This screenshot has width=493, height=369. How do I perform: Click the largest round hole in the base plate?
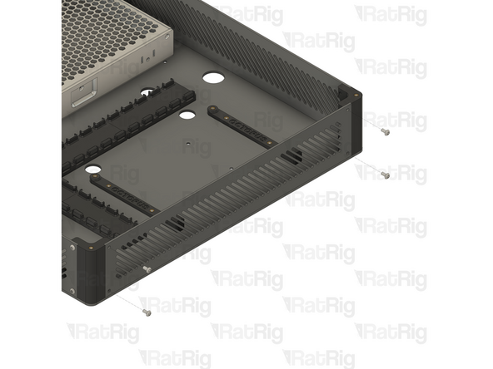point(213,79)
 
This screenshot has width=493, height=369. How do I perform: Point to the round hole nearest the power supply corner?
point(147,93)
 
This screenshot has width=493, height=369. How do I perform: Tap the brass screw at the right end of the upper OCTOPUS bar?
point(271,145)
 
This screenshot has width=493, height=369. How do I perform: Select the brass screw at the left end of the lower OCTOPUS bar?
point(93,176)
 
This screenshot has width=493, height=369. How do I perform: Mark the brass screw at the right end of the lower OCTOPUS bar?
point(153,211)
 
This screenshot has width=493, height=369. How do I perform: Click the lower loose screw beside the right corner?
point(386,175)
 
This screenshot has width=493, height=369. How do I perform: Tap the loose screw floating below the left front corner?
point(147,312)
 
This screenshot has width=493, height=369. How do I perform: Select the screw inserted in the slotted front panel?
point(146,268)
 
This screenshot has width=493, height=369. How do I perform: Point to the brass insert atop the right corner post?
point(358,96)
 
